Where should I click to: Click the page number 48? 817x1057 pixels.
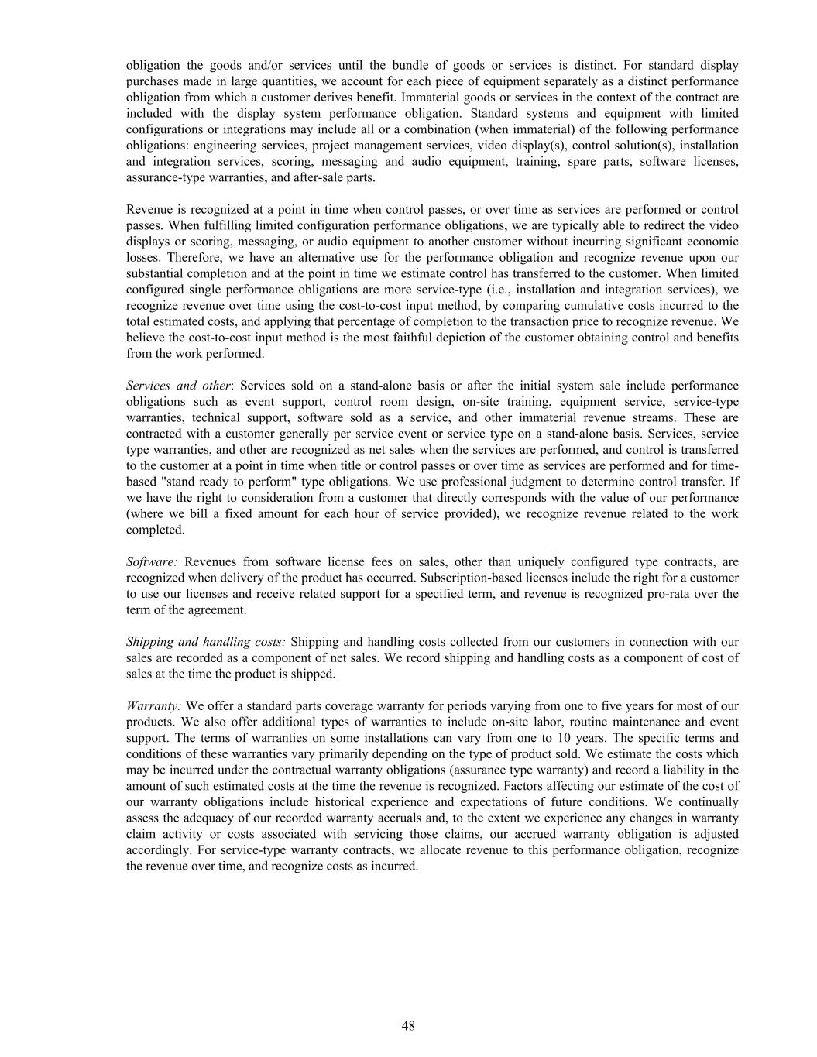pyautogui.click(x=408, y=1026)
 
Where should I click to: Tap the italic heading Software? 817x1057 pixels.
pyautogui.click(x=152, y=562)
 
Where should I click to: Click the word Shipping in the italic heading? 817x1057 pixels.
pyautogui.click(x=150, y=642)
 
